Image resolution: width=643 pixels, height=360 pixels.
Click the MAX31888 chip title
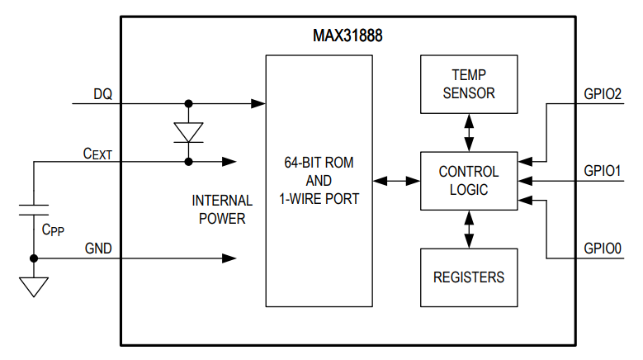point(348,36)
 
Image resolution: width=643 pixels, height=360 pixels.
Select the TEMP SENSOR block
point(469,85)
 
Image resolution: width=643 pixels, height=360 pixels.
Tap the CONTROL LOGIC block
point(469,181)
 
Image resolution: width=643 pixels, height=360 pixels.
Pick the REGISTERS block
point(469,277)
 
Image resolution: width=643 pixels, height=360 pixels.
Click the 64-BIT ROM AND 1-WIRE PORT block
point(318,181)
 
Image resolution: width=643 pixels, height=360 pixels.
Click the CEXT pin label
point(97,153)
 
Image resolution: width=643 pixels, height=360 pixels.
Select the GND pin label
point(98,249)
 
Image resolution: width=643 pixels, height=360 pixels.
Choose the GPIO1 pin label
point(602,171)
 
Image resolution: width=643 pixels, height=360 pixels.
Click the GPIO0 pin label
point(602,248)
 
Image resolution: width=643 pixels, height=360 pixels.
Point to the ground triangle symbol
point(34,286)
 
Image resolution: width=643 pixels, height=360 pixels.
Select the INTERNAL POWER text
point(219,210)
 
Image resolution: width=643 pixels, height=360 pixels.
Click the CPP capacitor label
point(53,229)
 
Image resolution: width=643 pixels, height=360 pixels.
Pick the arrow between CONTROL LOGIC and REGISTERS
point(469,229)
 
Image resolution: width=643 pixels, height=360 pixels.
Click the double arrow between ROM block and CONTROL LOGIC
point(395,181)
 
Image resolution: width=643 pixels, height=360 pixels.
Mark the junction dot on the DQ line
point(189,104)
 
